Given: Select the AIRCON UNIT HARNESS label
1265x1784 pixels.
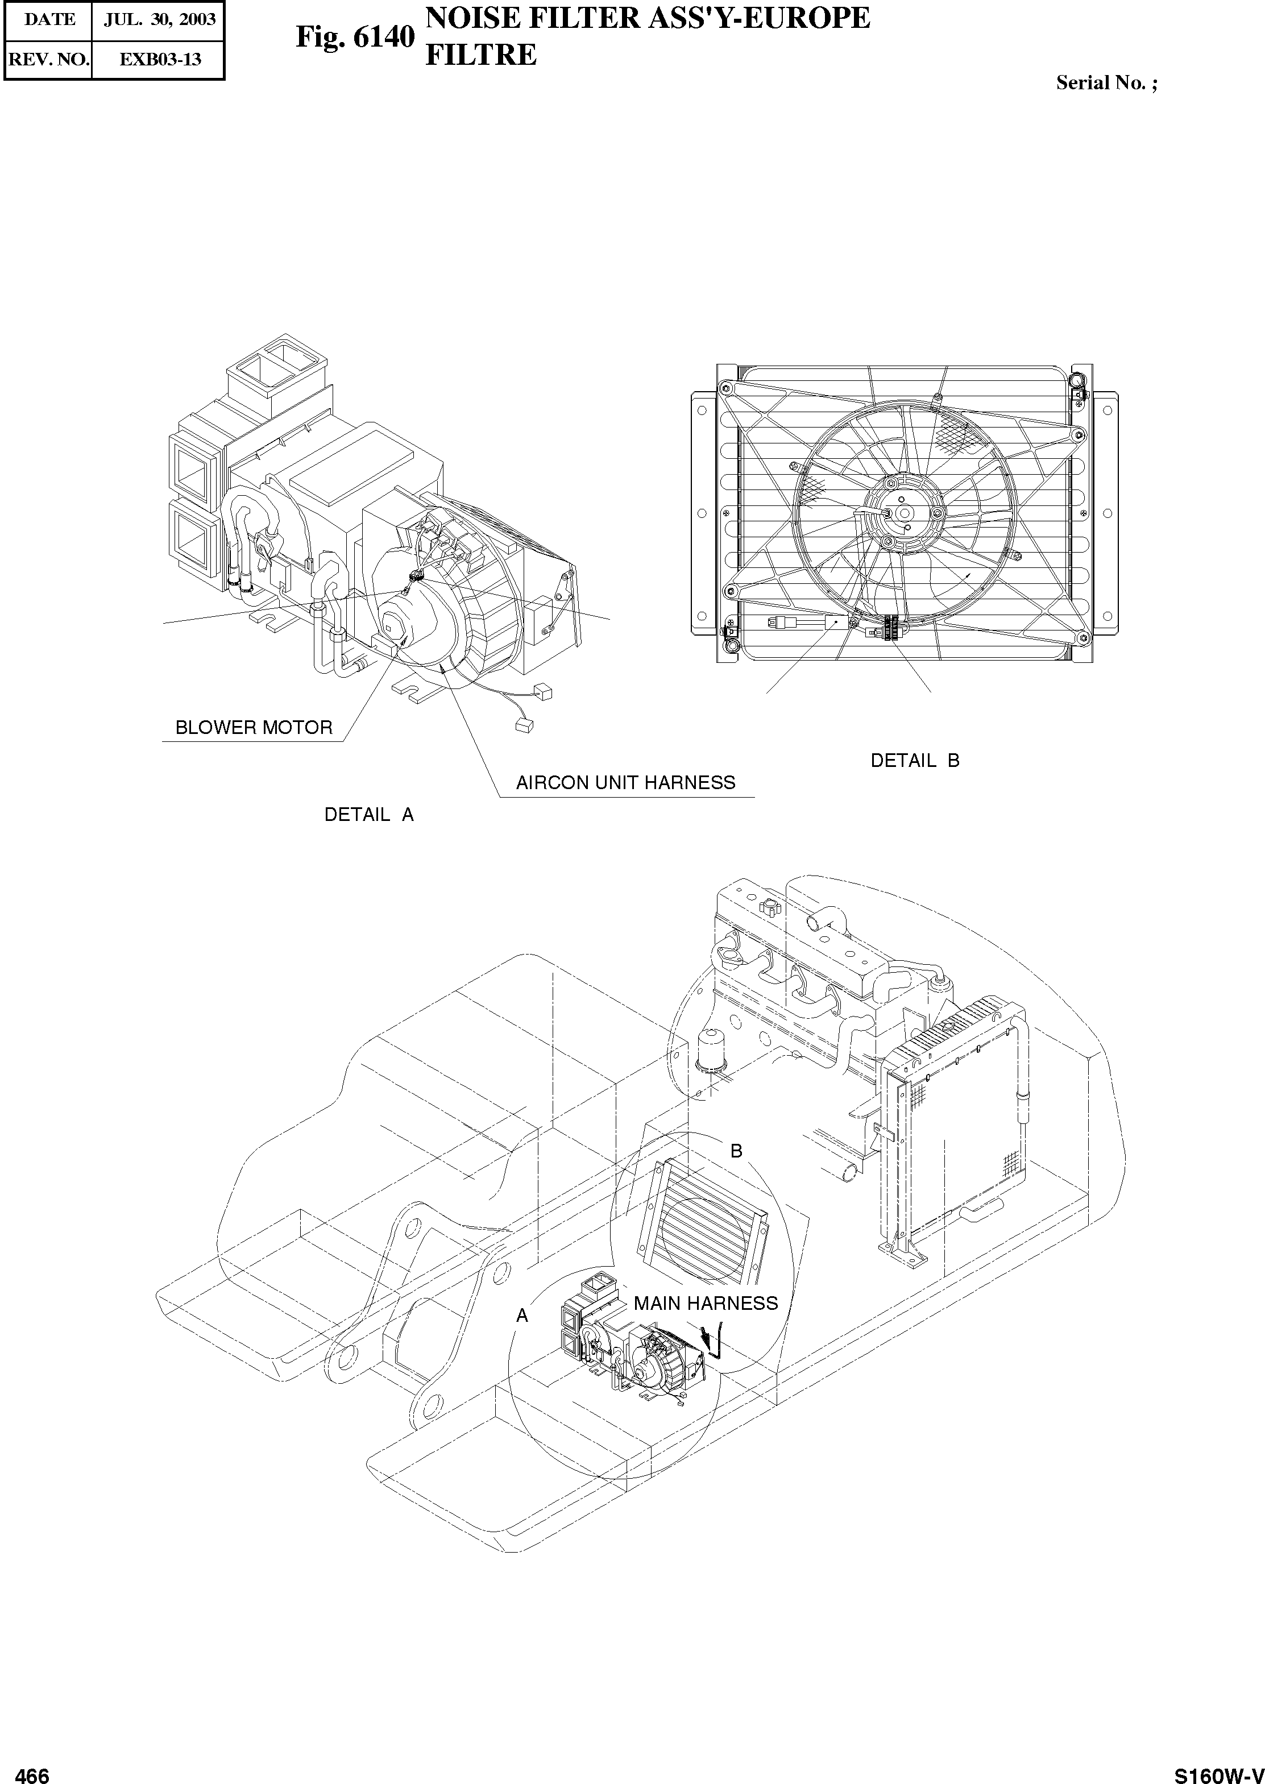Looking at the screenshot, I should point(625,783).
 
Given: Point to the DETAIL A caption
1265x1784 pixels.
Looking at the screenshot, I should point(368,815).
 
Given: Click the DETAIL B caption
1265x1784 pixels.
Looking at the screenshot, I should point(914,761).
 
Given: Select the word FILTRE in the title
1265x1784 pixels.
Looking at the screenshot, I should point(480,55).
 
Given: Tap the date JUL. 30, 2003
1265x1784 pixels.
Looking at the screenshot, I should point(159,19).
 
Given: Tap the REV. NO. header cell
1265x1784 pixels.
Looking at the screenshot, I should point(48,59).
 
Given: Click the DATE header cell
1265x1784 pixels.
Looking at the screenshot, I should point(49,19).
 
